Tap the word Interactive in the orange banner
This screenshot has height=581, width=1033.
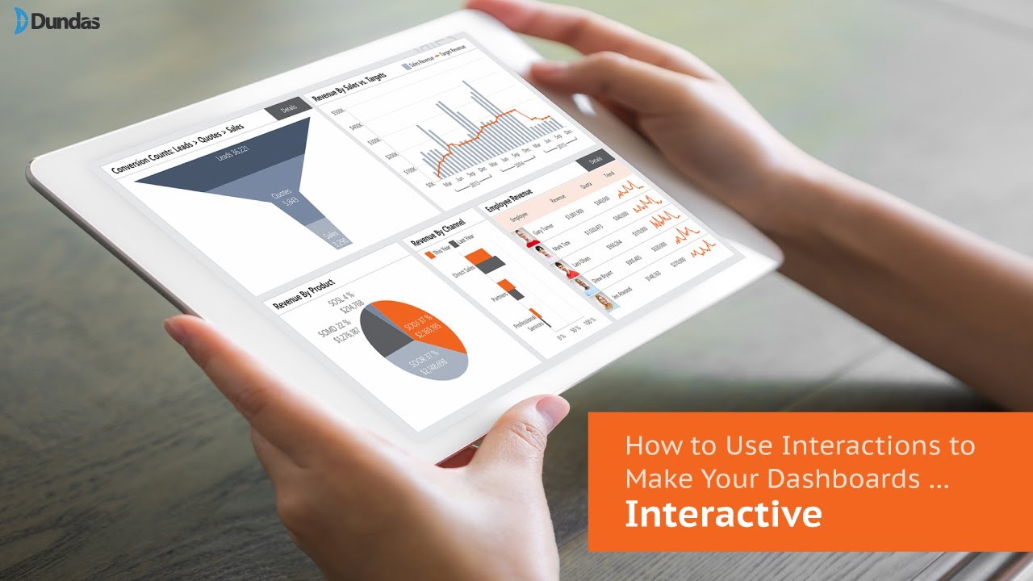[723, 514]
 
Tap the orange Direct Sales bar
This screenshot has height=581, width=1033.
[478, 257]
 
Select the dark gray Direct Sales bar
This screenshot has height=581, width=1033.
[491, 265]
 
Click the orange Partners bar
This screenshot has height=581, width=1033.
[505, 285]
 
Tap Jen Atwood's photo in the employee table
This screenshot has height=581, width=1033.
[601, 302]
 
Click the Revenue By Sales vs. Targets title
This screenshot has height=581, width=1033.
[349, 88]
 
